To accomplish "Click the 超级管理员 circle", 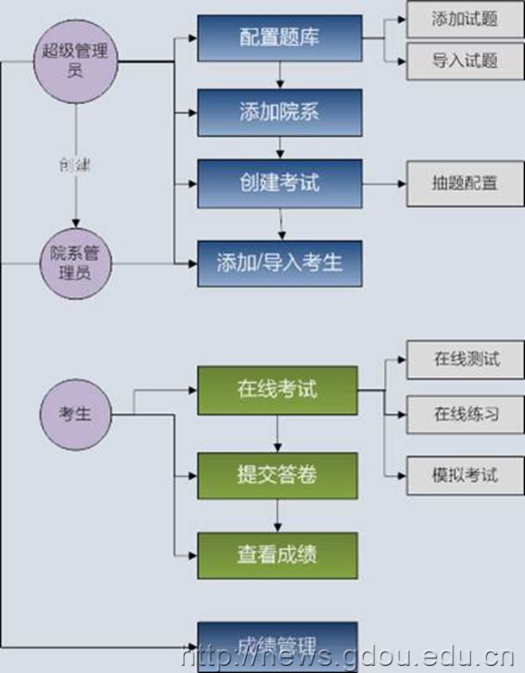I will pyautogui.click(x=75, y=61).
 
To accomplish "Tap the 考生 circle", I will pyautogui.click(x=75, y=414).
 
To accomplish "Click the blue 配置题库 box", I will pyautogui.click(x=280, y=38).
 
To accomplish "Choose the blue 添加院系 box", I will pyautogui.click(x=280, y=111).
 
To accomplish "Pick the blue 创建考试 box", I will pyautogui.click(x=280, y=183).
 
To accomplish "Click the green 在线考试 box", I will pyautogui.click(x=277, y=389).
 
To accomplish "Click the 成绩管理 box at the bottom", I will pyautogui.click(x=277, y=644).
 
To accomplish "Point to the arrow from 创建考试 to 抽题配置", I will pyautogui.click(x=384, y=183).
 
